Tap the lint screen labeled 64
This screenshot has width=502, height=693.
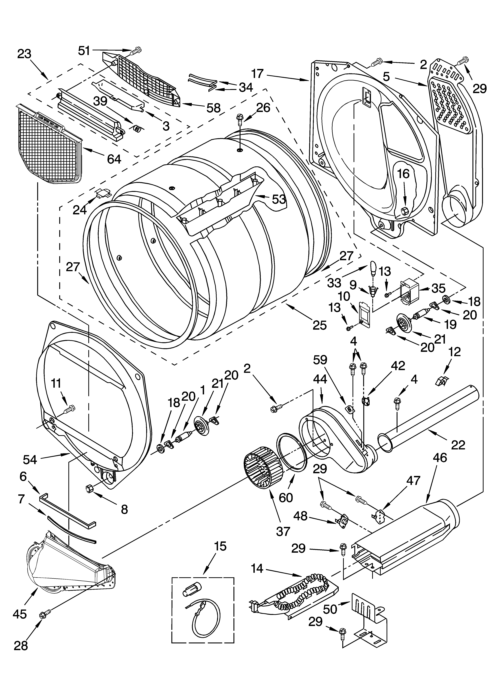point(49,144)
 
